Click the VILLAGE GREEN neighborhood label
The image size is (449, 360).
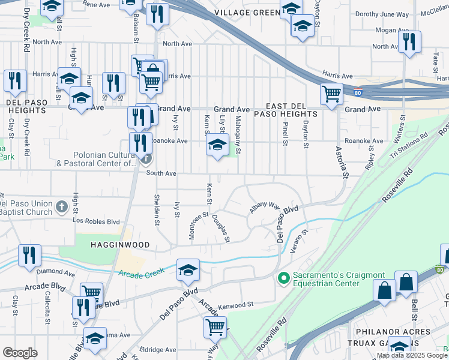[246, 12]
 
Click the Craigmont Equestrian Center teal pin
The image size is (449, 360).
[283, 278]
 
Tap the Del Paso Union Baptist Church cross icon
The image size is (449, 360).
[61, 206]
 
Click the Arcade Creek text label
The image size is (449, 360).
[140, 275]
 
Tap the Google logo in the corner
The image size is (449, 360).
[20, 353]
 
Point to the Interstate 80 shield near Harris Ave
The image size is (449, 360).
[357, 92]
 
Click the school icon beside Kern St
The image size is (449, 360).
[217, 145]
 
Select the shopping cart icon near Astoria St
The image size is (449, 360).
[331, 94]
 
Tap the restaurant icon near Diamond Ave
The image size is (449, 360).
[29, 255]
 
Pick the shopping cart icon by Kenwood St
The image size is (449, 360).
[215, 327]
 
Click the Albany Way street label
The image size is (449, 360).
[265, 205]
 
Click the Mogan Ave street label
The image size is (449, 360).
[391, 30]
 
